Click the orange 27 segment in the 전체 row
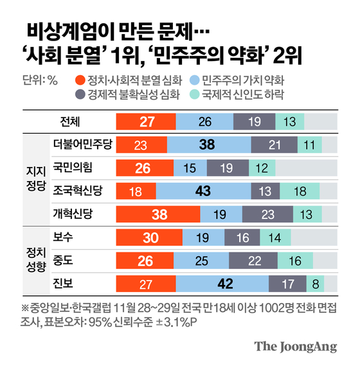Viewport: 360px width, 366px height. tap(146, 121)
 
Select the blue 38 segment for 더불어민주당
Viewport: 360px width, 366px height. tap(209, 144)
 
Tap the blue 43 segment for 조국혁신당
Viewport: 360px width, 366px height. tap(203, 191)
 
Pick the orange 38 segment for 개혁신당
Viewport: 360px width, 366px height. tap(158, 214)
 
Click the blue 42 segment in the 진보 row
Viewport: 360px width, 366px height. tap(222, 284)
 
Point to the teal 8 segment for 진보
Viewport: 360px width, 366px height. tap(315, 284)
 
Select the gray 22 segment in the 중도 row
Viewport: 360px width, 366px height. tap(253, 261)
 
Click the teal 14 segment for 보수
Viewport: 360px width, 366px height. tap(275, 238)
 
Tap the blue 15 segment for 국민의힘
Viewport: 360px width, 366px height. tap(190, 168)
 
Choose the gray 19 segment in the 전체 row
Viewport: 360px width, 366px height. tap(254, 121)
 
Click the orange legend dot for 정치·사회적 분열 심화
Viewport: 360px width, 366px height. tap(80, 80)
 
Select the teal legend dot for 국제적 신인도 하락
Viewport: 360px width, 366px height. tap(194, 94)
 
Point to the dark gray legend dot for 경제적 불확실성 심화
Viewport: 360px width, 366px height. tap(80, 94)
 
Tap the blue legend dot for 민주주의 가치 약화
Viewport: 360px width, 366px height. tap(194, 80)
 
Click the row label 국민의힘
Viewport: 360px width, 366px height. tap(73, 167)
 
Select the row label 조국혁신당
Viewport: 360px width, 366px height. tap(77, 190)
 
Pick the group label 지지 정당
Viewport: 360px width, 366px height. tap(36, 179)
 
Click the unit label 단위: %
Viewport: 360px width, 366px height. tap(40, 80)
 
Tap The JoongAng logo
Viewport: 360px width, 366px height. tap(296, 346)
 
